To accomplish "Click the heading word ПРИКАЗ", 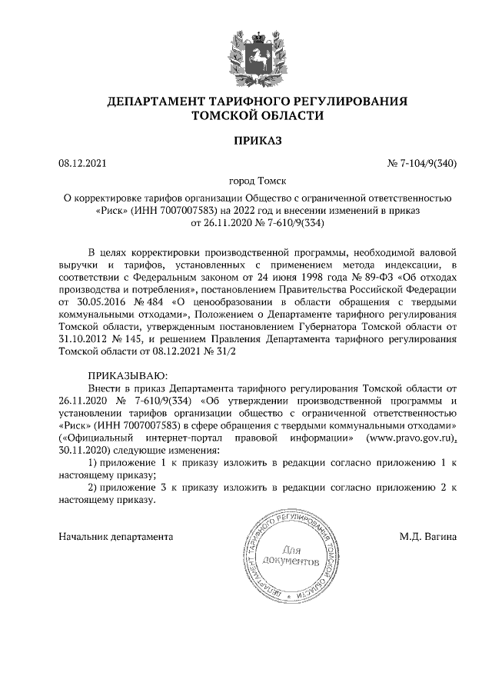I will click(258, 141).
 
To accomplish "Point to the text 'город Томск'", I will click(258, 181).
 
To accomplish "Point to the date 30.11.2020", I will click(84, 449).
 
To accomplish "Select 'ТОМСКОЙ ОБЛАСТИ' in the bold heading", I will click(257, 115).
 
